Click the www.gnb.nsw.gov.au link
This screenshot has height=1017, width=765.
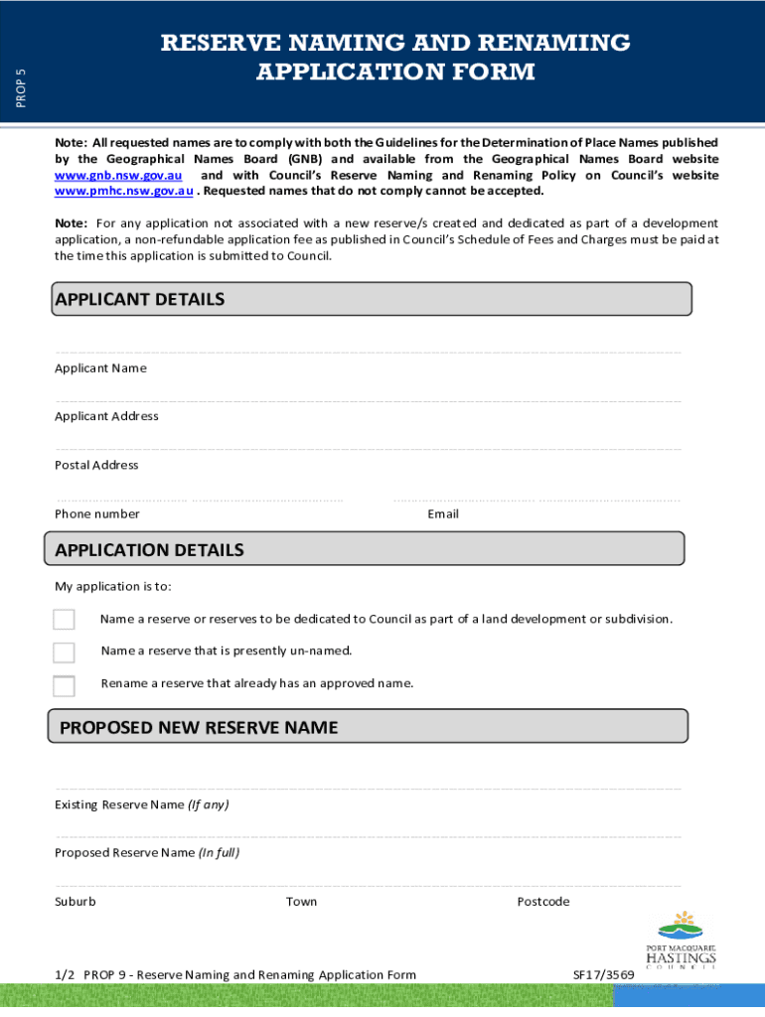click(118, 175)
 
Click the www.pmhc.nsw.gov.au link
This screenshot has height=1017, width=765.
click(123, 191)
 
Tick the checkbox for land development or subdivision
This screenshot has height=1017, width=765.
click(64, 620)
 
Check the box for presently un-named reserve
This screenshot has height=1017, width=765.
click(64, 653)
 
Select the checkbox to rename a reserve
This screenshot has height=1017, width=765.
click(64, 685)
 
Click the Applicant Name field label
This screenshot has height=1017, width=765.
click(100, 368)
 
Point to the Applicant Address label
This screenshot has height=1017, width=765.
click(106, 416)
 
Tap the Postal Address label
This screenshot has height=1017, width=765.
click(96, 465)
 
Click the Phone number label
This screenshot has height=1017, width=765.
click(97, 513)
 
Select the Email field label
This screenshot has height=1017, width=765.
click(443, 513)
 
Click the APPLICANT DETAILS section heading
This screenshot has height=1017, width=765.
click(140, 299)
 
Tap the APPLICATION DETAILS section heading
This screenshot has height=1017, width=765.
click(149, 550)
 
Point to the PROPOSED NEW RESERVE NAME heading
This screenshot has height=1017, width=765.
click(199, 728)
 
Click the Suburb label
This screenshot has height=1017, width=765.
click(76, 902)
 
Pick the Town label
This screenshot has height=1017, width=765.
click(302, 902)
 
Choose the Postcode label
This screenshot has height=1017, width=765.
click(543, 902)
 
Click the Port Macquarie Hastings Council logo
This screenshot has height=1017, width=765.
click(687, 940)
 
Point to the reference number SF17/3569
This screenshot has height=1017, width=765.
click(603, 975)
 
